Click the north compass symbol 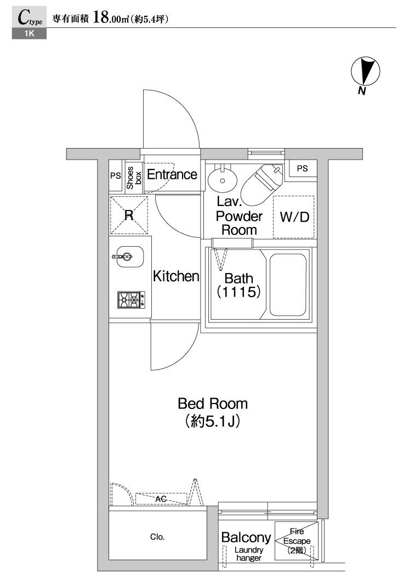[365, 71]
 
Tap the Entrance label [172, 174]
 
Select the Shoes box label [134, 178]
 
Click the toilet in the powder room [261, 184]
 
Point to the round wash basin [222, 179]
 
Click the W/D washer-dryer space [294, 217]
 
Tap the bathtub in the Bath [288, 285]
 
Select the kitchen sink [129, 257]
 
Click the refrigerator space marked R [129, 215]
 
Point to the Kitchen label [176, 276]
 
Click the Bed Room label [213, 404]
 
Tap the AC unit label [161, 499]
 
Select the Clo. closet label [157, 537]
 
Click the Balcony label [246, 537]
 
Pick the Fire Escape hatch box [297, 541]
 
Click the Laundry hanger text [249, 554]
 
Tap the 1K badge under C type [29, 33]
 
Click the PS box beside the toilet [302, 169]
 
